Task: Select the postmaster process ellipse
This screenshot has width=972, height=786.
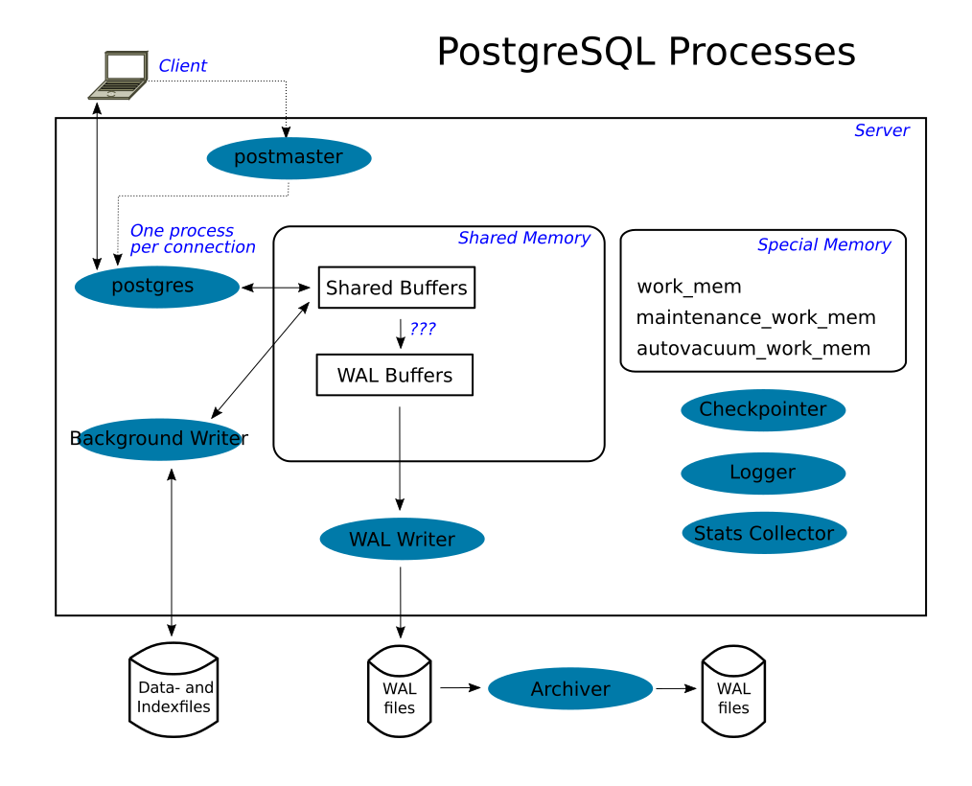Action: tap(289, 158)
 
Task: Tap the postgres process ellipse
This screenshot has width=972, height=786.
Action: tap(157, 287)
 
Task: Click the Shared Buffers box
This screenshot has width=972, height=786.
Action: tap(396, 288)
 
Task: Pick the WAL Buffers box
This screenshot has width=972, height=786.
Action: tap(395, 375)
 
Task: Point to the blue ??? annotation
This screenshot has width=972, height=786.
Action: tap(423, 329)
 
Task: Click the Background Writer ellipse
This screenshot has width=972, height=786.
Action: tap(159, 439)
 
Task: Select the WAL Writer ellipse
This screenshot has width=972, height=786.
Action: tap(402, 540)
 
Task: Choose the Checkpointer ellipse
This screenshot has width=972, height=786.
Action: tap(763, 410)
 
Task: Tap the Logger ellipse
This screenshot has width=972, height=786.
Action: tap(763, 473)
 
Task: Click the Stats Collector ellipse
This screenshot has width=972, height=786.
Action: tap(764, 534)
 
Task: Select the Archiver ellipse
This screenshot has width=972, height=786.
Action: tap(570, 689)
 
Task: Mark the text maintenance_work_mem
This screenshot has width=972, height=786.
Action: tap(755, 317)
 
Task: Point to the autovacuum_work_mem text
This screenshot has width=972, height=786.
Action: tap(753, 348)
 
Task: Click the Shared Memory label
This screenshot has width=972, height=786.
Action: tap(523, 238)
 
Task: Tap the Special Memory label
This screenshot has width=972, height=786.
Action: tap(823, 244)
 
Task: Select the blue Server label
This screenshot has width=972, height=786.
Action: tap(881, 130)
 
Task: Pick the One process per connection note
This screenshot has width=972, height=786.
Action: tap(192, 239)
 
